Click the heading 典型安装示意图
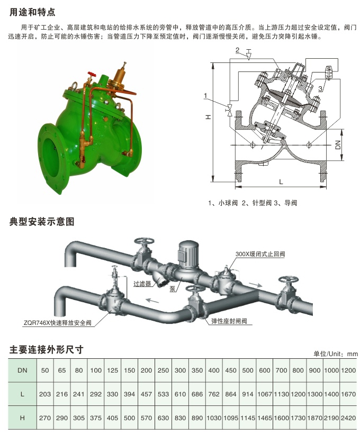click(x=43, y=221)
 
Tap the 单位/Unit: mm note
click(x=336, y=354)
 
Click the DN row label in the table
click(x=23, y=370)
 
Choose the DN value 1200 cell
click(x=348, y=370)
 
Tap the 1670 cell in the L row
click(x=348, y=394)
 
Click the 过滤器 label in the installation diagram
click(x=142, y=284)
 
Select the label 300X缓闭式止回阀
click(x=260, y=254)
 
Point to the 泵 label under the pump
click(x=173, y=290)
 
